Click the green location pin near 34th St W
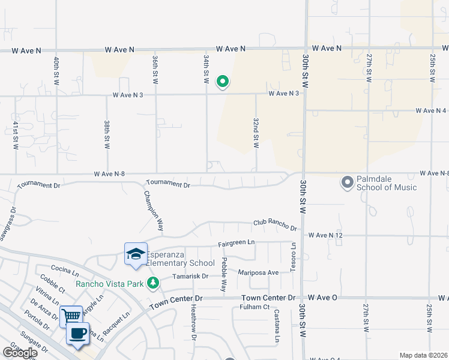223,81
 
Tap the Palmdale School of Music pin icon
347,182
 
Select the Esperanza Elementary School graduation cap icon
136,254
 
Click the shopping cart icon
71,316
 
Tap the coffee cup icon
78,333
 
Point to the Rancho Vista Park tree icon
153,283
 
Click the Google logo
20,353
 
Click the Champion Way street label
152,211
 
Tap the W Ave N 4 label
432,110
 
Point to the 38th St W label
107,133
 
